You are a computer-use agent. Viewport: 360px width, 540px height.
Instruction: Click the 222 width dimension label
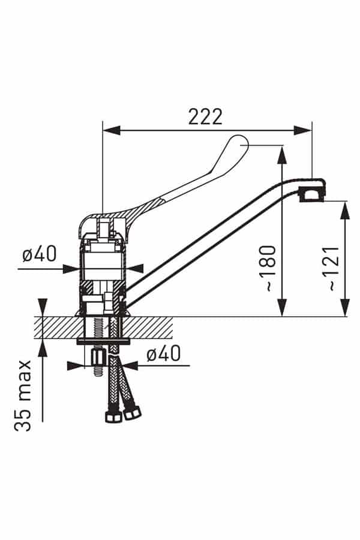205,117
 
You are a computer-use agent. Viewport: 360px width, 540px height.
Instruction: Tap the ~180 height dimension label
268,268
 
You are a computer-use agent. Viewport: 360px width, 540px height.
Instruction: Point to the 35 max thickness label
23,396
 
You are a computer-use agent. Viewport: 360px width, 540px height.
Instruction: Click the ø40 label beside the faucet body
39,254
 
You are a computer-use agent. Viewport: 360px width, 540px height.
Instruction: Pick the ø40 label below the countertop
163,353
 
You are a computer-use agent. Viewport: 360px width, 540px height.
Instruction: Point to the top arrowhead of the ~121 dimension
345,210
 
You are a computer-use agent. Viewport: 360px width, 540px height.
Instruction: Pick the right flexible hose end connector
132,413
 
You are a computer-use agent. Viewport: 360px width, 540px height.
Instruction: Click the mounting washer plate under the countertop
103,341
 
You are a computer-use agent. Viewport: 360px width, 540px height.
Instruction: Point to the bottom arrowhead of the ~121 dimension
345,308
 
